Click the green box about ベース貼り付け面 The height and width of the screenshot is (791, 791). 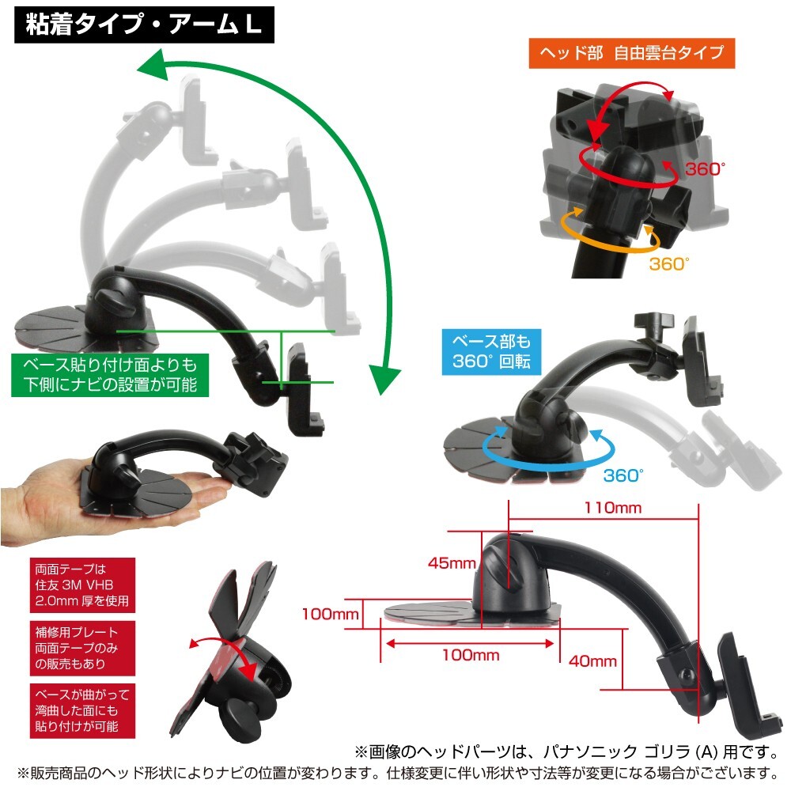click(104, 375)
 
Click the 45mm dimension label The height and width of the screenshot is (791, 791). click(452, 564)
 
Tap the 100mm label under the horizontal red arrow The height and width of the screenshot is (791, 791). click(471, 656)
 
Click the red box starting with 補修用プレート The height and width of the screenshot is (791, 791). click(81, 648)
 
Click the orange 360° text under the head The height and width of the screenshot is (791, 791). click(669, 264)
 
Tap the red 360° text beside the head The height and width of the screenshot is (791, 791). click(705, 168)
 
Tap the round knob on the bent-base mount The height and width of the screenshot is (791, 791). click(241, 717)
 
